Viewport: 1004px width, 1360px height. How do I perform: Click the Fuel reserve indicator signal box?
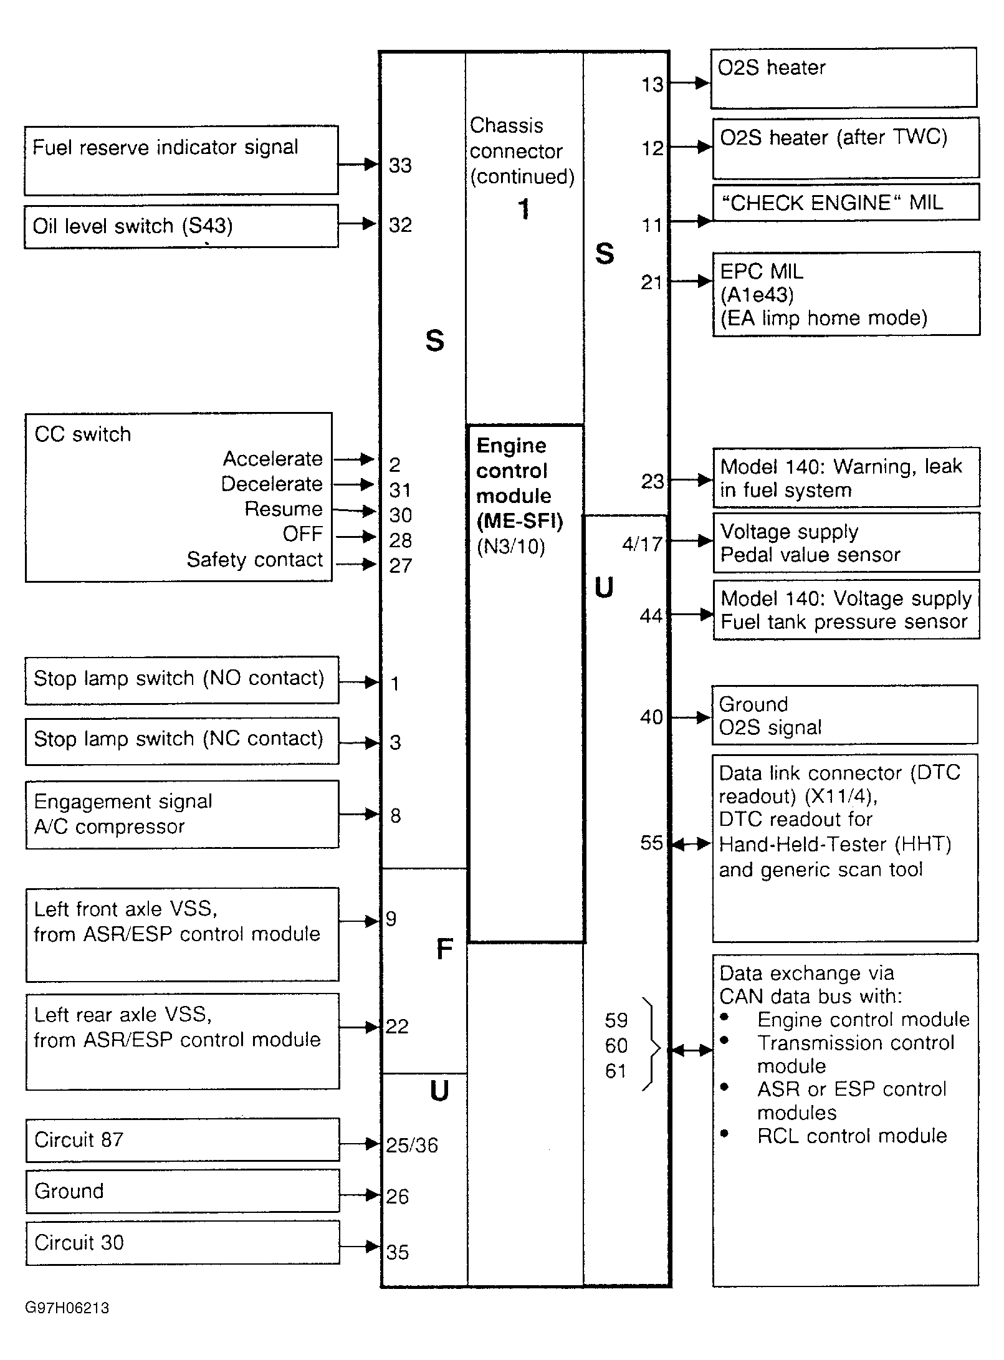(x=181, y=160)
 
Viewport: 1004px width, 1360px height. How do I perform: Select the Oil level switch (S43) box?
(x=181, y=226)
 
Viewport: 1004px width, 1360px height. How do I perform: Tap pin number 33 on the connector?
(x=400, y=165)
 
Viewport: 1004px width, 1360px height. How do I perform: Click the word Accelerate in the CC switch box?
(x=273, y=459)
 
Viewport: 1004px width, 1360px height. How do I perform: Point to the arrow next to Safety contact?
(x=356, y=565)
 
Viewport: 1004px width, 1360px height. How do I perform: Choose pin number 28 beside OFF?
(x=400, y=540)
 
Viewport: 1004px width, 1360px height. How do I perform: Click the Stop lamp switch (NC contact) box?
(x=182, y=740)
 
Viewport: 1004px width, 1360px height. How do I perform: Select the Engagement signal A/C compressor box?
(x=182, y=814)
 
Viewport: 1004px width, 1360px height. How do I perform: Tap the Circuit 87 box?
(x=183, y=1139)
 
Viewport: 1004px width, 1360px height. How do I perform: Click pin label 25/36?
(x=412, y=1145)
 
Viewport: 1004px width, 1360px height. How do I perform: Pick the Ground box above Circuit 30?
(x=183, y=1190)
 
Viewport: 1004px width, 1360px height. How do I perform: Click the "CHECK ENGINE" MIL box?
(x=846, y=203)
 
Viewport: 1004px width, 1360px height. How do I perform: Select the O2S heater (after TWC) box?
(x=846, y=148)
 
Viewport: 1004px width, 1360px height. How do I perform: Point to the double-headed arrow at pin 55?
(x=691, y=844)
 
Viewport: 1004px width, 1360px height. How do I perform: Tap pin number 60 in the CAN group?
(x=616, y=1046)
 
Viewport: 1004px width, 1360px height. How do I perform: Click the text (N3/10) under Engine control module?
(x=510, y=547)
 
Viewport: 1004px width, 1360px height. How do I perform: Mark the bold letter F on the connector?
(x=444, y=949)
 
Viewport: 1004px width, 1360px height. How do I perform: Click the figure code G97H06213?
(x=67, y=1307)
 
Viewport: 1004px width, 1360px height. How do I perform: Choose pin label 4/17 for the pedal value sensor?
(x=642, y=544)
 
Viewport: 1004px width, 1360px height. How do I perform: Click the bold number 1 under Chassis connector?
(x=524, y=209)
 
